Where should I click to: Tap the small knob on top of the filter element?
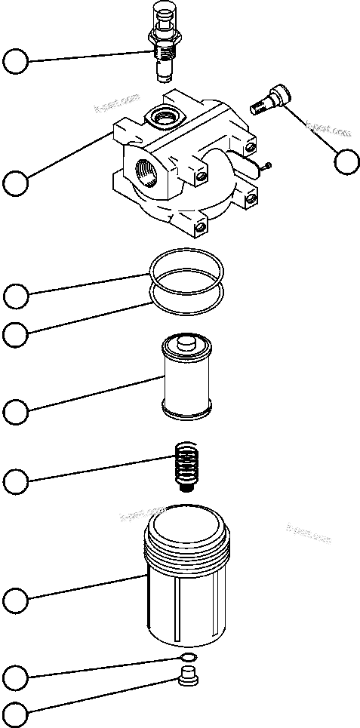coord(185,344)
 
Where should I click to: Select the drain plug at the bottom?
coord(189,677)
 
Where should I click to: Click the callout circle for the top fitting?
coord(16,62)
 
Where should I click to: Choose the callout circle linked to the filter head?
coord(16,182)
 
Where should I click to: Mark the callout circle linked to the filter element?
coord(16,412)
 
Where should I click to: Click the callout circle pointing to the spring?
coord(16,481)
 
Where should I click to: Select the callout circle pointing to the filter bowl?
coord(16,601)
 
